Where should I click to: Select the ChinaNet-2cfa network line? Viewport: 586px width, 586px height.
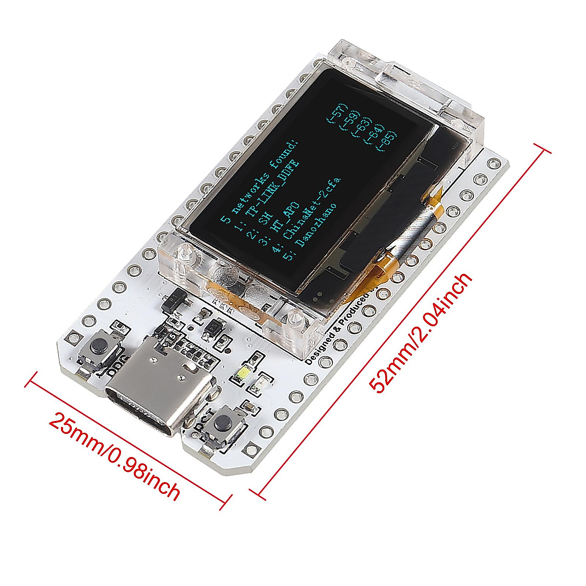[313, 208]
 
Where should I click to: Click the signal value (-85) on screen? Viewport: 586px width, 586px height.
[389, 142]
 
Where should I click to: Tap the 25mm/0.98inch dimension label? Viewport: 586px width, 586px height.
[115, 454]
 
